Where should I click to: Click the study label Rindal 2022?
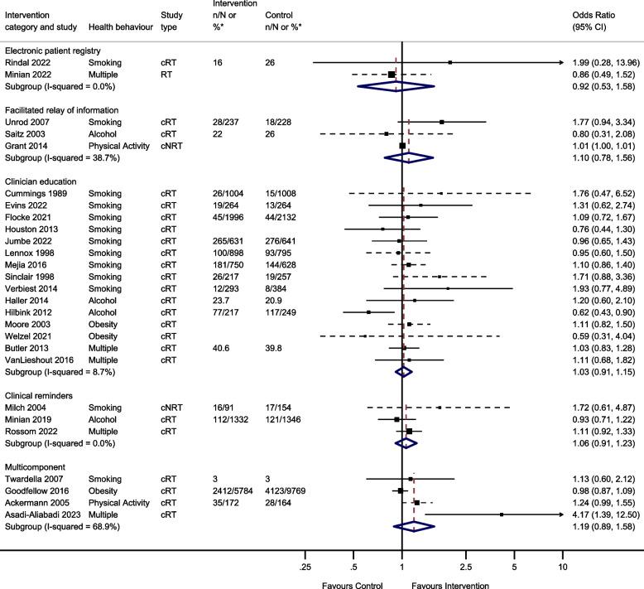click(28, 63)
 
